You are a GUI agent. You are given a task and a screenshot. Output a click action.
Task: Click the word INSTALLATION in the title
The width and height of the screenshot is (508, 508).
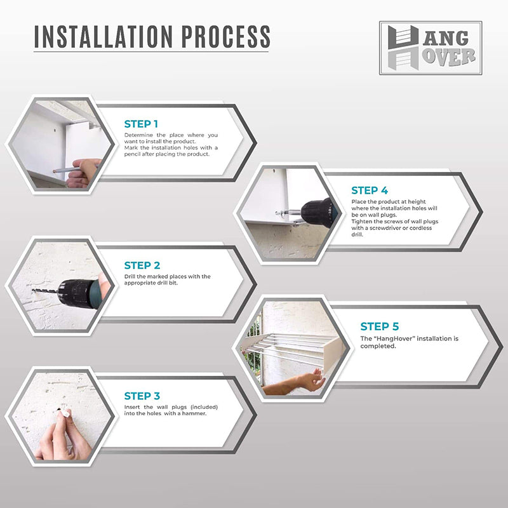[104, 36]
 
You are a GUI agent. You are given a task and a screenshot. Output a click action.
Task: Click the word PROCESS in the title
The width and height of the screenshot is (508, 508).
[225, 36]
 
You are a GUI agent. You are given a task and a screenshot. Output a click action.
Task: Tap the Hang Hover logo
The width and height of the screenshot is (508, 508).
[431, 48]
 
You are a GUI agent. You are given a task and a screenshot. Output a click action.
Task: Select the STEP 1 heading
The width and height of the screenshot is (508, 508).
[141, 124]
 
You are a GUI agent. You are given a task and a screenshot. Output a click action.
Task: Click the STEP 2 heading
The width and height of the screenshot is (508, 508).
[142, 265]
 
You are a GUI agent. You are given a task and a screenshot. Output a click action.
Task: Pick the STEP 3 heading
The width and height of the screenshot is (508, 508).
[142, 396]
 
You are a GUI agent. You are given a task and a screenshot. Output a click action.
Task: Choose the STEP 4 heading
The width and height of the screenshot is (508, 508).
[370, 190]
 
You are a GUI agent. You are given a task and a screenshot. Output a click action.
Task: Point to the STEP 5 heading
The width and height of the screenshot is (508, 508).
[379, 326]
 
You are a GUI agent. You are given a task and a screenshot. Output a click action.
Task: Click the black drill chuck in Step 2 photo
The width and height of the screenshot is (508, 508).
[75, 293]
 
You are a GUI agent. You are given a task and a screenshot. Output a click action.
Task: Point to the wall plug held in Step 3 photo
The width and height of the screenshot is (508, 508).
[65, 412]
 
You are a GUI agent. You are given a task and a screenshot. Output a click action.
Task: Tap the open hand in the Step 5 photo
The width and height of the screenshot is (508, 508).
[312, 380]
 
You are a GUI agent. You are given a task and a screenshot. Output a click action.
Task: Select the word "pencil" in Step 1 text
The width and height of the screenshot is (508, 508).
[132, 154]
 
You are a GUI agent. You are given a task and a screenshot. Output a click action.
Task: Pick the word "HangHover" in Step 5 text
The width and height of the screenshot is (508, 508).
[394, 338]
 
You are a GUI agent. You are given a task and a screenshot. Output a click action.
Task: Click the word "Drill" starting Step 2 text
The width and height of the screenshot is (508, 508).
[130, 277]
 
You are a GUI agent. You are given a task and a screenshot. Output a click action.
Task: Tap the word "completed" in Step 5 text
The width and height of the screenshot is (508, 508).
[378, 346]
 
